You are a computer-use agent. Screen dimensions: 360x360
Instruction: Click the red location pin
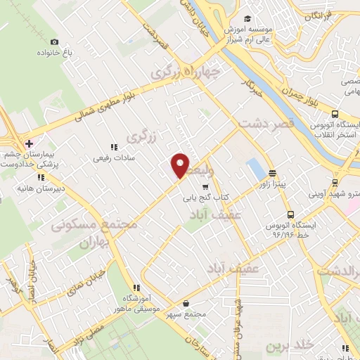pos(180,165)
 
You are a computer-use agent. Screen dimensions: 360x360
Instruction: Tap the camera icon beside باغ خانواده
pos(55,42)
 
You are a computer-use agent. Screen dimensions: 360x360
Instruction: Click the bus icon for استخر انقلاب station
pos(335,114)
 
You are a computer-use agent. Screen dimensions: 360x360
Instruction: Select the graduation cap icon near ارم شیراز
pos(247,19)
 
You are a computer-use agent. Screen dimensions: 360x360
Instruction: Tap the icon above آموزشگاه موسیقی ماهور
pos(138,287)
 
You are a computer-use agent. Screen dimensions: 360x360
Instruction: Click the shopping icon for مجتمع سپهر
pos(185,303)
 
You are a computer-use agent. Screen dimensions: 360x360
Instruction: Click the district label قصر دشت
pos(264,123)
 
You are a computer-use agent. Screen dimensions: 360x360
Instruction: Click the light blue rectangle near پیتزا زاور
pos(255,169)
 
